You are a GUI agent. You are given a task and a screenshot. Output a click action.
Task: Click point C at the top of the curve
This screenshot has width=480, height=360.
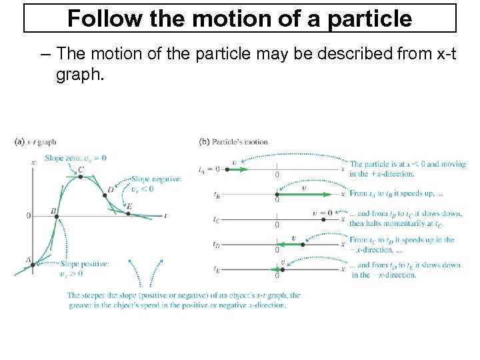(80, 177)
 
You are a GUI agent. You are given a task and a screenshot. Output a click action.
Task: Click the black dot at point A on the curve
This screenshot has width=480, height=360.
(32, 265)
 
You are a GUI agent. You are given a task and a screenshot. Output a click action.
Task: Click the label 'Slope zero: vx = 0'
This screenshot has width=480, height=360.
(75, 158)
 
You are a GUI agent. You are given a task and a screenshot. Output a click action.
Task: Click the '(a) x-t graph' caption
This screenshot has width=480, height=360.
(35, 141)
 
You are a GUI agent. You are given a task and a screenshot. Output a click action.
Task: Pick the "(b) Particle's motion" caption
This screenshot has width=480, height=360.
(233, 141)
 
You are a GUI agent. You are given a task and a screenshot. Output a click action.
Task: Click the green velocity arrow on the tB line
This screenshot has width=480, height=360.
(303, 195)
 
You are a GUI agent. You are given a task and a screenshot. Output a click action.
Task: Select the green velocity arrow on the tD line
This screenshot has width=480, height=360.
(290, 245)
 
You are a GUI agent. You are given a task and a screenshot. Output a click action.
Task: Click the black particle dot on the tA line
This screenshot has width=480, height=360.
(228, 169)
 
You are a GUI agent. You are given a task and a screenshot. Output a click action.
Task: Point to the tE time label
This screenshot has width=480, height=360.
(217, 270)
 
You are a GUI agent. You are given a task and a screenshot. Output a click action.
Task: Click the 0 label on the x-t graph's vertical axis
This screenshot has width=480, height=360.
(28, 215)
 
